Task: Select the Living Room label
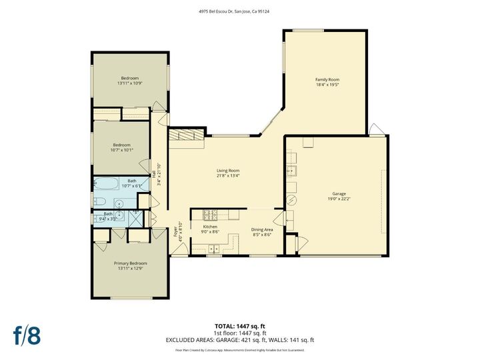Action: click(x=228, y=170)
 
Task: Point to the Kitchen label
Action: click(x=210, y=227)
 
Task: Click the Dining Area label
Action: click(x=261, y=230)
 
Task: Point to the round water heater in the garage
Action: click(x=290, y=200)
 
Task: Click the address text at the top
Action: click(x=239, y=11)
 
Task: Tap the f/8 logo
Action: click(x=27, y=335)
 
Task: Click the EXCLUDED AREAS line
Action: click(x=239, y=340)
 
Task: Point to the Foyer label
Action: click(x=176, y=232)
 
